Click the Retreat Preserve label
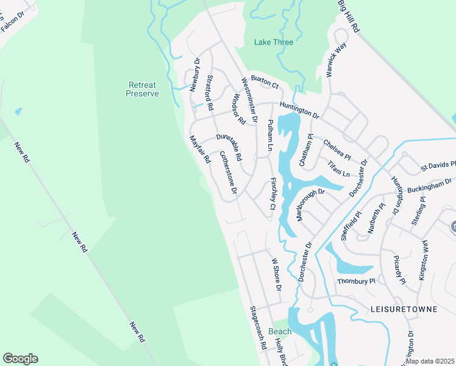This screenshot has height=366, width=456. coord(142,89)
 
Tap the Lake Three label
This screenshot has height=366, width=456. coord(273,42)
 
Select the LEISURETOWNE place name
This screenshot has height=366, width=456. coord(404,309)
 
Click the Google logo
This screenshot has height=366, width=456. coord(20,359)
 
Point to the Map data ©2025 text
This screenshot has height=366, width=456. coord(430,361)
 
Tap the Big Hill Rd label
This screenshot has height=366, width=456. coord(347,16)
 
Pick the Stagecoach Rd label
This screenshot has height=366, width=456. coord(258,327)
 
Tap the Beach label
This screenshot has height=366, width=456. coord(280,331)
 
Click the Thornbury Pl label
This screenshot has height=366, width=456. coord(359,281)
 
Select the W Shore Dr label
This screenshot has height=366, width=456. coord(276,274)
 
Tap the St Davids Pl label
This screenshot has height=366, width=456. coord(437,165)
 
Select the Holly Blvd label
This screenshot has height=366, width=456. coord(280,352)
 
